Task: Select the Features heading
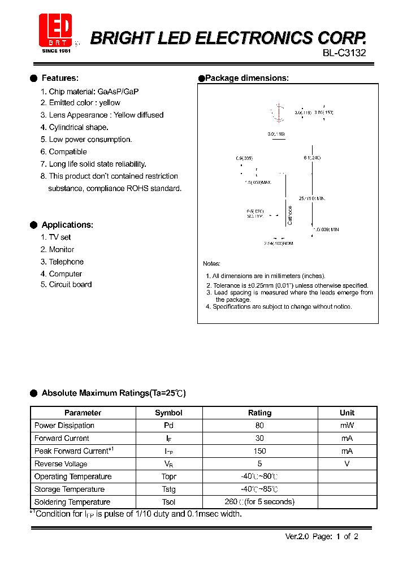60,78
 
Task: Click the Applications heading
67,224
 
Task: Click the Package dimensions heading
246,78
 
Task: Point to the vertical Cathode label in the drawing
290,214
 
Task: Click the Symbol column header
168,413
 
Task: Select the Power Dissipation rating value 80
259,426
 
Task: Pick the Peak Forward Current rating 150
259,451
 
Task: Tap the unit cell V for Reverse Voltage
347,463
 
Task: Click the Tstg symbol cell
168,489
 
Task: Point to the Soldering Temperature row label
72,502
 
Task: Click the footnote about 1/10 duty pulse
136,514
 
